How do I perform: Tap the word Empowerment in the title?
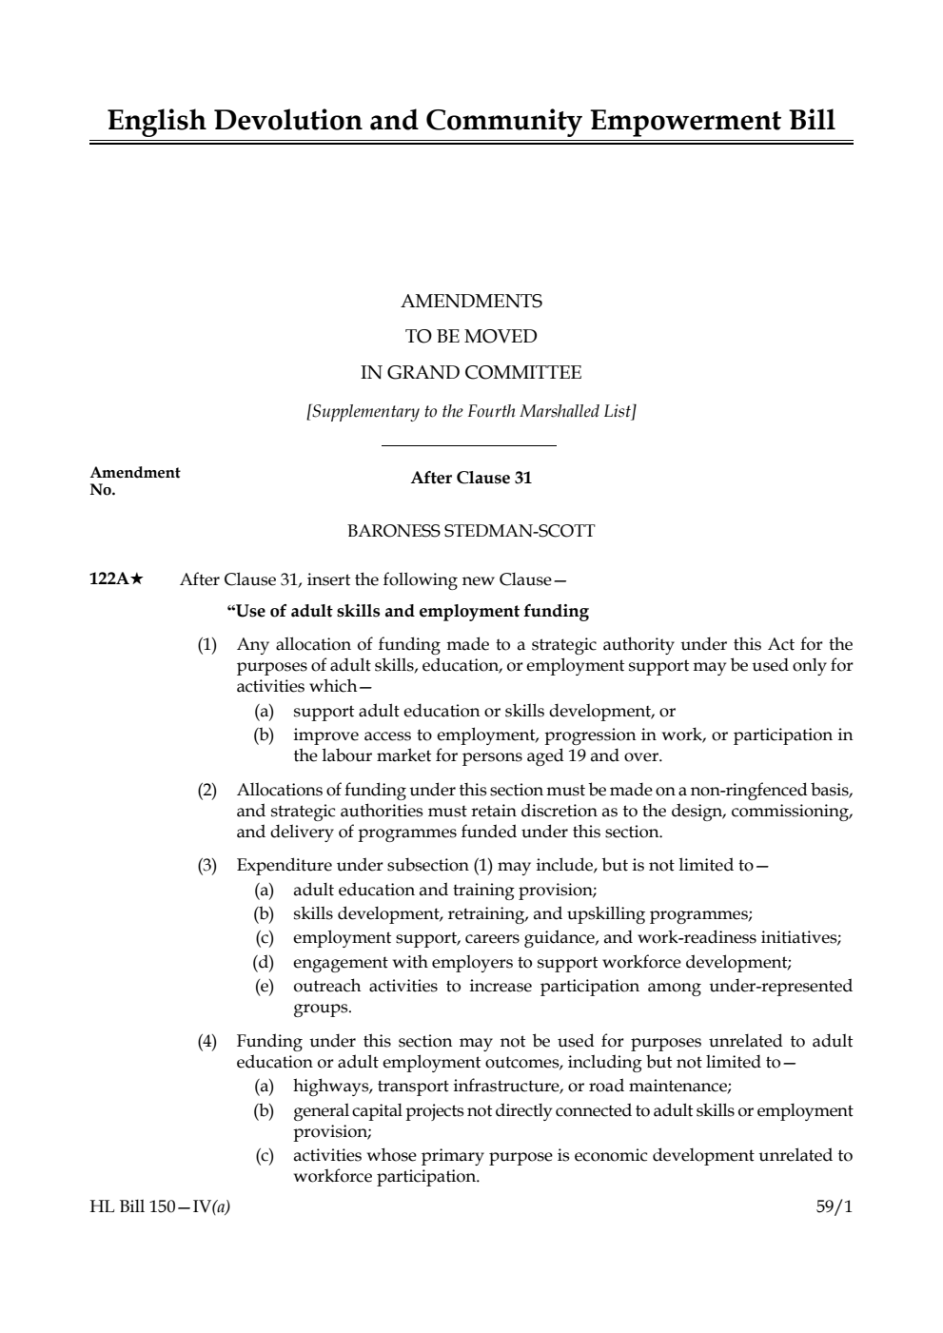pyautogui.click(x=679, y=121)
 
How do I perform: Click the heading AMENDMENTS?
pyautogui.click(x=471, y=302)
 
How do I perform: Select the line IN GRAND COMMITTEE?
pyautogui.click(x=471, y=373)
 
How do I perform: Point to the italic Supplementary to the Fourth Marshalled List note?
pyautogui.click(x=471, y=411)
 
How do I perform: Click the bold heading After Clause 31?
pyautogui.click(x=471, y=478)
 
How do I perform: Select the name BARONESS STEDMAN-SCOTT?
pyautogui.click(x=471, y=531)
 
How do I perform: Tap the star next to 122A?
pyautogui.click(x=137, y=579)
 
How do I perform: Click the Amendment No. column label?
pyautogui.click(x=134, y=480)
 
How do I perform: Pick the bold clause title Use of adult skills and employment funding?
pyautogui.click(x=407, y=611)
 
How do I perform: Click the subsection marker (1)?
pyautogui.click(x=207, y=645)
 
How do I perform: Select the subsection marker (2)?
pyautogui.click(x=207, y=790)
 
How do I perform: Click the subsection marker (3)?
pyautogui.click(x=207, y=866)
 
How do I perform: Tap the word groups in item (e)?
pyautogui.click(x=322, y=1007)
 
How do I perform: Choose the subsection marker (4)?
pyautogui.click(x=207, y=1041)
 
